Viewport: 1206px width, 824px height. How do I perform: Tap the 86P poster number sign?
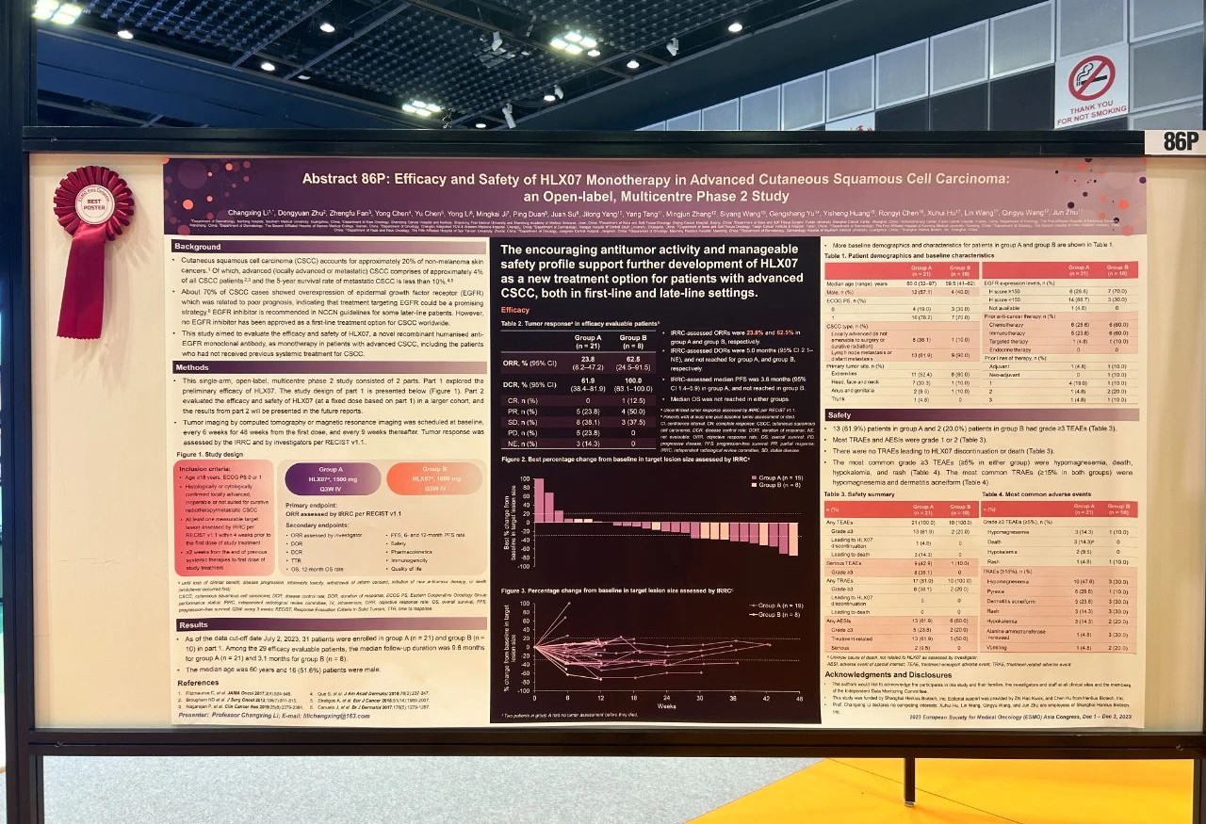1175,141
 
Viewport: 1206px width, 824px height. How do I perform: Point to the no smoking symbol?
1091,77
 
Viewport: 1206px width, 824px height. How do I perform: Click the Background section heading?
198,246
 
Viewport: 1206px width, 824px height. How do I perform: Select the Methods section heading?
192,367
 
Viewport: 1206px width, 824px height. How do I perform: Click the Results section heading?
193,625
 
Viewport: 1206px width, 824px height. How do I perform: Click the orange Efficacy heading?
514,309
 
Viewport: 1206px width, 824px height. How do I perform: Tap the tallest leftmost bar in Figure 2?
538,499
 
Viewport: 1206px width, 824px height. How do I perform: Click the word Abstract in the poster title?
334,178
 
